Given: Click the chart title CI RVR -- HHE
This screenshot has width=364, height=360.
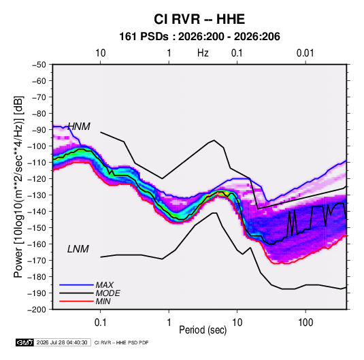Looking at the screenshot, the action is tap(199, 19).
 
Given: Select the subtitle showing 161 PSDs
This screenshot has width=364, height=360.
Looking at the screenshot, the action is tap(199, 37).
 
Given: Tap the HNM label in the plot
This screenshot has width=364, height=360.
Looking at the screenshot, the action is tap(79, 127).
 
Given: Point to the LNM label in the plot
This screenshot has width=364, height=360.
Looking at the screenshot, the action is tap(78, 249).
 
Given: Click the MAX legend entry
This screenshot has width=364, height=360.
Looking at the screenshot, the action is tap(105, 285).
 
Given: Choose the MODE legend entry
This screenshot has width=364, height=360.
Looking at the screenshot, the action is tap(107, 293).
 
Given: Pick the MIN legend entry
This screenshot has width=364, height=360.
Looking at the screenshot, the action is tap(103, 301).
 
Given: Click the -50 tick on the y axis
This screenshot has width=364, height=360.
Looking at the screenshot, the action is tap(39, 65).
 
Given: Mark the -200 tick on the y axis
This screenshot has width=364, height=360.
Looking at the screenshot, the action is tap(37, 310).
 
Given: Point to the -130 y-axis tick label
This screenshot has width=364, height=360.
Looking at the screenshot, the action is tap(37, 195).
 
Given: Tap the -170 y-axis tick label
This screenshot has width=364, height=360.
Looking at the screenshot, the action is tap(37, 261).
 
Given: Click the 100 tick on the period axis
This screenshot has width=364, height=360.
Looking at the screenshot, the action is tap(305, 323).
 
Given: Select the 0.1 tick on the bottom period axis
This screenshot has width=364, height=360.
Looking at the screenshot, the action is tap(100, 323).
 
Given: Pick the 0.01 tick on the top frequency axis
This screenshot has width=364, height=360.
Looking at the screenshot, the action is tap(305, 53).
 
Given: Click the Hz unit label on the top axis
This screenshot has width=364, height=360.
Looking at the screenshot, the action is tap(203, 53).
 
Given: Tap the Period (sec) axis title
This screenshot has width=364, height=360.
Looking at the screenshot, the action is tap(203, 330).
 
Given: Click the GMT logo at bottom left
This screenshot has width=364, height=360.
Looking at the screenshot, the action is tap(24, 342).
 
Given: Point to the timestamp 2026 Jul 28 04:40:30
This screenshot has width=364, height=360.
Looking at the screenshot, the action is tap(62, 342).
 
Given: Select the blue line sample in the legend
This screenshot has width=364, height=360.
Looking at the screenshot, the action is tap(76, 285).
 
